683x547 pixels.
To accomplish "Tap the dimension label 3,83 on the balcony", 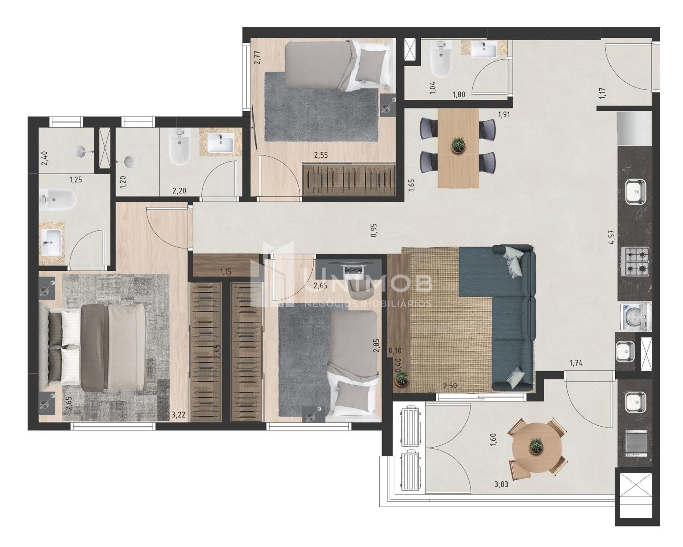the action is point(501,485).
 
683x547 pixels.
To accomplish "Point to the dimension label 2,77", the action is point(257,57).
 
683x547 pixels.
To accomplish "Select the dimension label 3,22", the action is point(178,414).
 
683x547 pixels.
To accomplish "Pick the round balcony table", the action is point(537,447).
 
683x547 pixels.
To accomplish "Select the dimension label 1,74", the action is point(576,363).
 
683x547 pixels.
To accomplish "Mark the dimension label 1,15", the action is point(226,271).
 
